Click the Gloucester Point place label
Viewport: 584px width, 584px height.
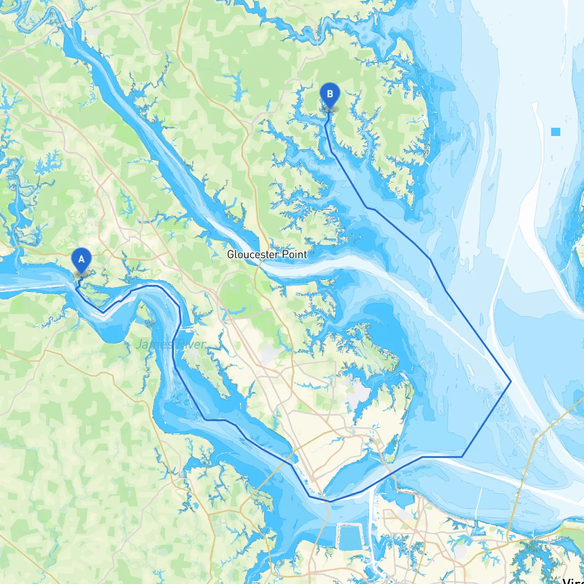click(x=267, y=255)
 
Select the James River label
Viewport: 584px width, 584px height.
click(x=171, y=344)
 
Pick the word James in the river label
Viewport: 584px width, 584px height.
click(x=152, y=344)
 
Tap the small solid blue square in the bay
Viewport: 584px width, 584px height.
click(x=555, y=132)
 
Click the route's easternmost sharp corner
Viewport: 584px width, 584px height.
click(x=511, y=381)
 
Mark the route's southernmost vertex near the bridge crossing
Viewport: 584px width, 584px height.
click(x=331, y=501)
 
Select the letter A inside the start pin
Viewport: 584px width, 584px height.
click(x=81, y=259)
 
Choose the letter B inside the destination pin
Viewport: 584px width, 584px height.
click(x=329, y=94)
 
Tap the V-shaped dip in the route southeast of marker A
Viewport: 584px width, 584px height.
click(x=103, y=313)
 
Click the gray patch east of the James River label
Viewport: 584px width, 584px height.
click(x=269, y=354)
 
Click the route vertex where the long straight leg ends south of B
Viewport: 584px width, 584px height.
click(x=367, y=208)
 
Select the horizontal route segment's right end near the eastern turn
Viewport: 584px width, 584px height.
click(x=462, y=456)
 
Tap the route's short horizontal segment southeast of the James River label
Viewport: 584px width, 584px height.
click(x=214, y=419)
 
